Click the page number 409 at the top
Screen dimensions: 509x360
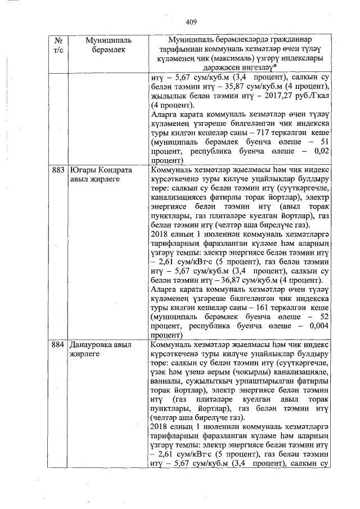tap(191, 22)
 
